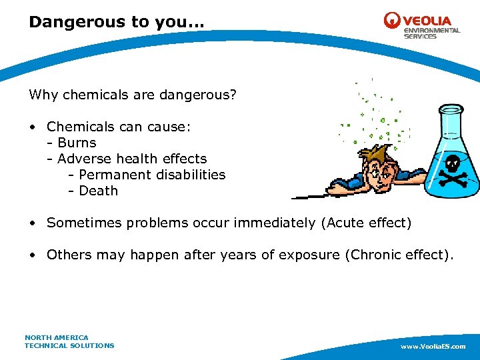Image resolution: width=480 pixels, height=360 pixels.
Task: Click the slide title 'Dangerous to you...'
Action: [x=117, y=22]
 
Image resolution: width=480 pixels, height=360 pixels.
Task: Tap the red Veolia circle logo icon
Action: [x=392, y=21]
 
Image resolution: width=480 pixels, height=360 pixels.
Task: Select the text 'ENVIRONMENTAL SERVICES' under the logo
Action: [x=431, y=33]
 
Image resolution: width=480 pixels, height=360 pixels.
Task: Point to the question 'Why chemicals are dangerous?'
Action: [x=132, y=95]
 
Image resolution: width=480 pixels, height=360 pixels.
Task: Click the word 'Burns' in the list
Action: [x=77, y=143]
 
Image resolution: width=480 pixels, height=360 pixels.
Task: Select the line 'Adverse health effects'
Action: [x=132, y=159]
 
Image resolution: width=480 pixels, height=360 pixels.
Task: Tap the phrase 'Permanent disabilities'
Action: [x=152, y=175]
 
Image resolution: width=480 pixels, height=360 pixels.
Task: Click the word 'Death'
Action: [x=98, y=191]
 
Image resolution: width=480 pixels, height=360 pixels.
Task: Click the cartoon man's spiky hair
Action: [x=373, y=154]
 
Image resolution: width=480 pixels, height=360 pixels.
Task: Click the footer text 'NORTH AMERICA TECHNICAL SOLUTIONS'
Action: [x=69, y=341]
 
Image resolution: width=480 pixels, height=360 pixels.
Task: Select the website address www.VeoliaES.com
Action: [x=433, y=347]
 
